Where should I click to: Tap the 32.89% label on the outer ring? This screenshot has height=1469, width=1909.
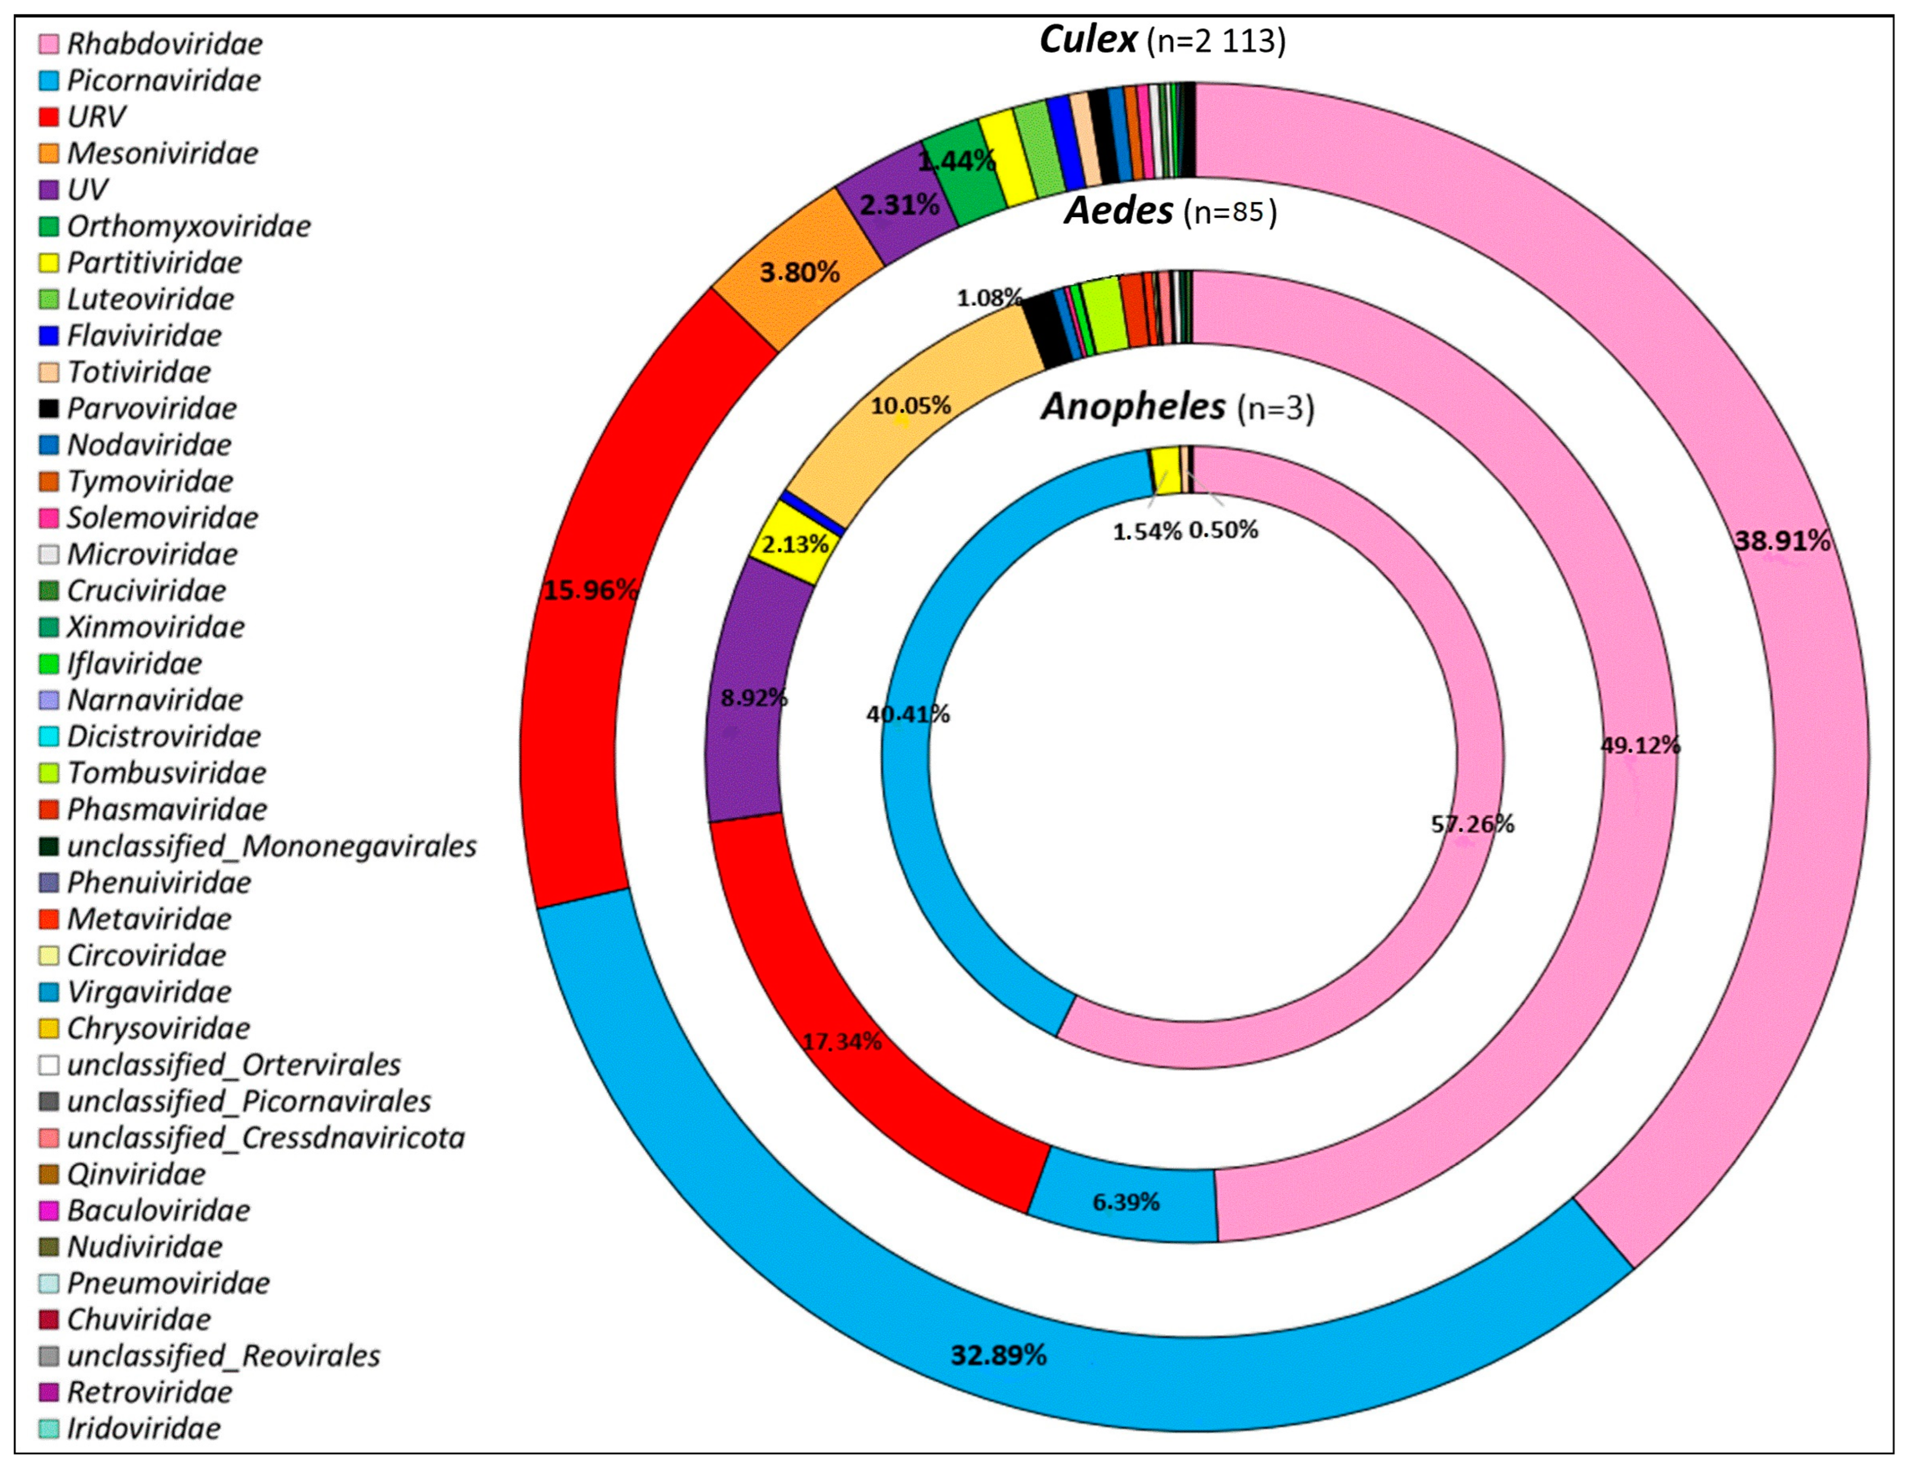(x=998, y=1354)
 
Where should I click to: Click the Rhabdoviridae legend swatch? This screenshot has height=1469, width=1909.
(x=49, y=44)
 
